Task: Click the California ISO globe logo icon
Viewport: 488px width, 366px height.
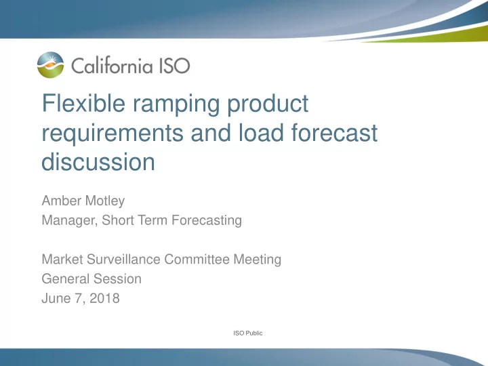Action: click(x=50, y=65)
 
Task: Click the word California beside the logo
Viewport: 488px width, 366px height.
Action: click(x=112, y=65)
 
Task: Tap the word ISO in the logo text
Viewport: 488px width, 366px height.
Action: click(x=175, y=66)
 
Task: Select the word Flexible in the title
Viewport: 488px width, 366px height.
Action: click(x=84, y=103)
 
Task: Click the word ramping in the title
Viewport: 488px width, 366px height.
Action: click(x=176, y=105)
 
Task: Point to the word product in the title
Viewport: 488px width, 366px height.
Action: click(x=268, y=104)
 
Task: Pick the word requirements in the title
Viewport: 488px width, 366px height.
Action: click(x=113, y=134)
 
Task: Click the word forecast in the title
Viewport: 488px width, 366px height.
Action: click(x=335, y=133)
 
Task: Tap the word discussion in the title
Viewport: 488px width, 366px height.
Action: click(x=98, y=162)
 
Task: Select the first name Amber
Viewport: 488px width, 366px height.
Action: click(x=61, y=201)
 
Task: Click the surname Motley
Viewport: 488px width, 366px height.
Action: click(x=105, y=201)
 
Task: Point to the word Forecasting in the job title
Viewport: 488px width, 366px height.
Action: click(x=207, y=220)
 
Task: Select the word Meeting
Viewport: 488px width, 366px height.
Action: click(x=257, y=260)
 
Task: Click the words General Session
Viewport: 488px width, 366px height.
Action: click(x=91, y=279)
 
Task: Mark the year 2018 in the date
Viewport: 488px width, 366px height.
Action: click(x=104, y=298)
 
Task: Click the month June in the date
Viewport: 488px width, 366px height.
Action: click(x=56, y=298)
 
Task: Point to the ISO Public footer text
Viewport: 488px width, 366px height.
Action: click(x=248, y=333)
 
